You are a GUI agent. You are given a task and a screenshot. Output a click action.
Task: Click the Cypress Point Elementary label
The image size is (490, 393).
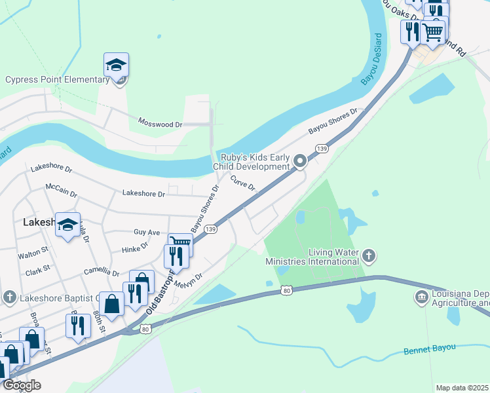point(56,80)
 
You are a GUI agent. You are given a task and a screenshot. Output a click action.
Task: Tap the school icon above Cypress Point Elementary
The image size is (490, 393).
point(116,65)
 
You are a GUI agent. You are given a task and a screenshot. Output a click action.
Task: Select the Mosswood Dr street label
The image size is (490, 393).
point(160,122)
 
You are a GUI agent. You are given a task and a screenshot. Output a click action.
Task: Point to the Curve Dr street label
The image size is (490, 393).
point(242,183)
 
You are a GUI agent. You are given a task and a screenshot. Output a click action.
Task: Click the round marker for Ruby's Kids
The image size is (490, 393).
point(300,160)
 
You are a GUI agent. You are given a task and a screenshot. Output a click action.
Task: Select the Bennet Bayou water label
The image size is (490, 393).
point(428,348)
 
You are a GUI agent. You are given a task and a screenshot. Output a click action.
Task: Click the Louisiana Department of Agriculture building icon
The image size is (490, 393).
point(421,298)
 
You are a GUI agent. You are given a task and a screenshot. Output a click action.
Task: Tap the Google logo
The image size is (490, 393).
point(21,385)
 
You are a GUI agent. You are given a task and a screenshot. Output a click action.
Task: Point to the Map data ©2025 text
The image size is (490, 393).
point(462,388)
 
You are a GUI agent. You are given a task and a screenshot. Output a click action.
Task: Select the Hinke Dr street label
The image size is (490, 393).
point(136,250)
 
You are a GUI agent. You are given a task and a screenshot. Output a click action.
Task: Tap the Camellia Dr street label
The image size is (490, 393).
point(102,271)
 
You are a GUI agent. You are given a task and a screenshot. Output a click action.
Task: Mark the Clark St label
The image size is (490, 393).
point(38,269)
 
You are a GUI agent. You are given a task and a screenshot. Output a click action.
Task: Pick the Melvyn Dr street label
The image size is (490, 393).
point(189,280)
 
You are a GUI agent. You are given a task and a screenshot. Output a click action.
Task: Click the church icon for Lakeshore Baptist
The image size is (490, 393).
point(9,297)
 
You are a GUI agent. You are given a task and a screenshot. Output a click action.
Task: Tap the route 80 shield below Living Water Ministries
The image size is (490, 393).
point(286,289)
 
